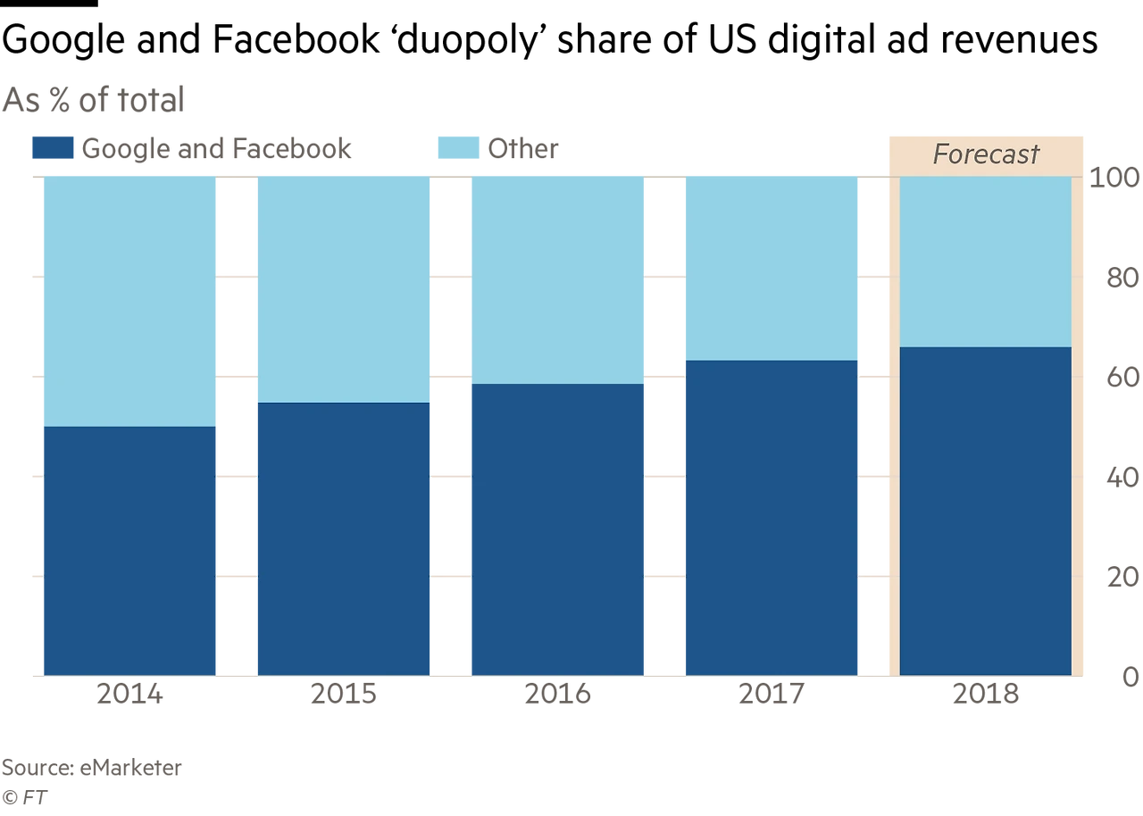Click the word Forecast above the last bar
986,154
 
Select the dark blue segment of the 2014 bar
130,550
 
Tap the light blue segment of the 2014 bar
130,300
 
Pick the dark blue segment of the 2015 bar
344,538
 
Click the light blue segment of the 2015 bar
344,288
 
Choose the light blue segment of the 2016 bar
558,279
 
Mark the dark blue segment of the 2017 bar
772,517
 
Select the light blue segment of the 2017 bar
772,267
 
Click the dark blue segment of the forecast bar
985,511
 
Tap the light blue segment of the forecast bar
985,261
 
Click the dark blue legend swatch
53,149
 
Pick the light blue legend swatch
460,149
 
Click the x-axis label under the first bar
130,695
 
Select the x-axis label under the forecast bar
985,695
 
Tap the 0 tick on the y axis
1131,679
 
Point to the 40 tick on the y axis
1122,479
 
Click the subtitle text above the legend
93,99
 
